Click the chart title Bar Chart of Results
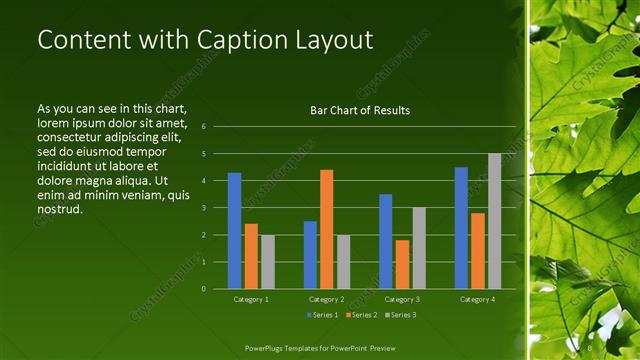tap(360, 110)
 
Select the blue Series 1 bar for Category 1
tap(234, 231)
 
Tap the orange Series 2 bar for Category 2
tap(326, 229)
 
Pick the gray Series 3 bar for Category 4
tap(494, 221)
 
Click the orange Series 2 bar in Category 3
tap(402, 264)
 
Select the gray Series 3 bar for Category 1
tap(267, 262)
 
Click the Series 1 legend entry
tap(319, 315)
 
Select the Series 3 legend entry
tap(401, 315)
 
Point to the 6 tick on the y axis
tap(203, 127)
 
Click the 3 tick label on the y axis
tap(203, 208)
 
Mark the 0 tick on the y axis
tap(203, 289)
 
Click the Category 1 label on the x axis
tap(251, 299)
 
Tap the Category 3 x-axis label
tap(402, 299)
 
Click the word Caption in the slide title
tap(232, 40)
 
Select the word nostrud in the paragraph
tap(59, 209)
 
